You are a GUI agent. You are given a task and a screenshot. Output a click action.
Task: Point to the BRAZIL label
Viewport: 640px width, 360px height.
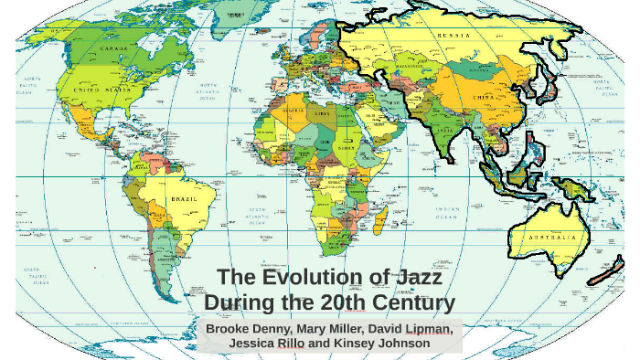pos(183,198)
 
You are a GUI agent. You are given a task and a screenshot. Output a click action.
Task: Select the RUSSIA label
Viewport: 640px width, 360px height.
pos(454,36)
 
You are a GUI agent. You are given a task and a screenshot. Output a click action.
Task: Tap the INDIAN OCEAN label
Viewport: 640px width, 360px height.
pos(449,213)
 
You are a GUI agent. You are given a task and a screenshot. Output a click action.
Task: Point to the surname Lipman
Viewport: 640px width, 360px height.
pos(425,328)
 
